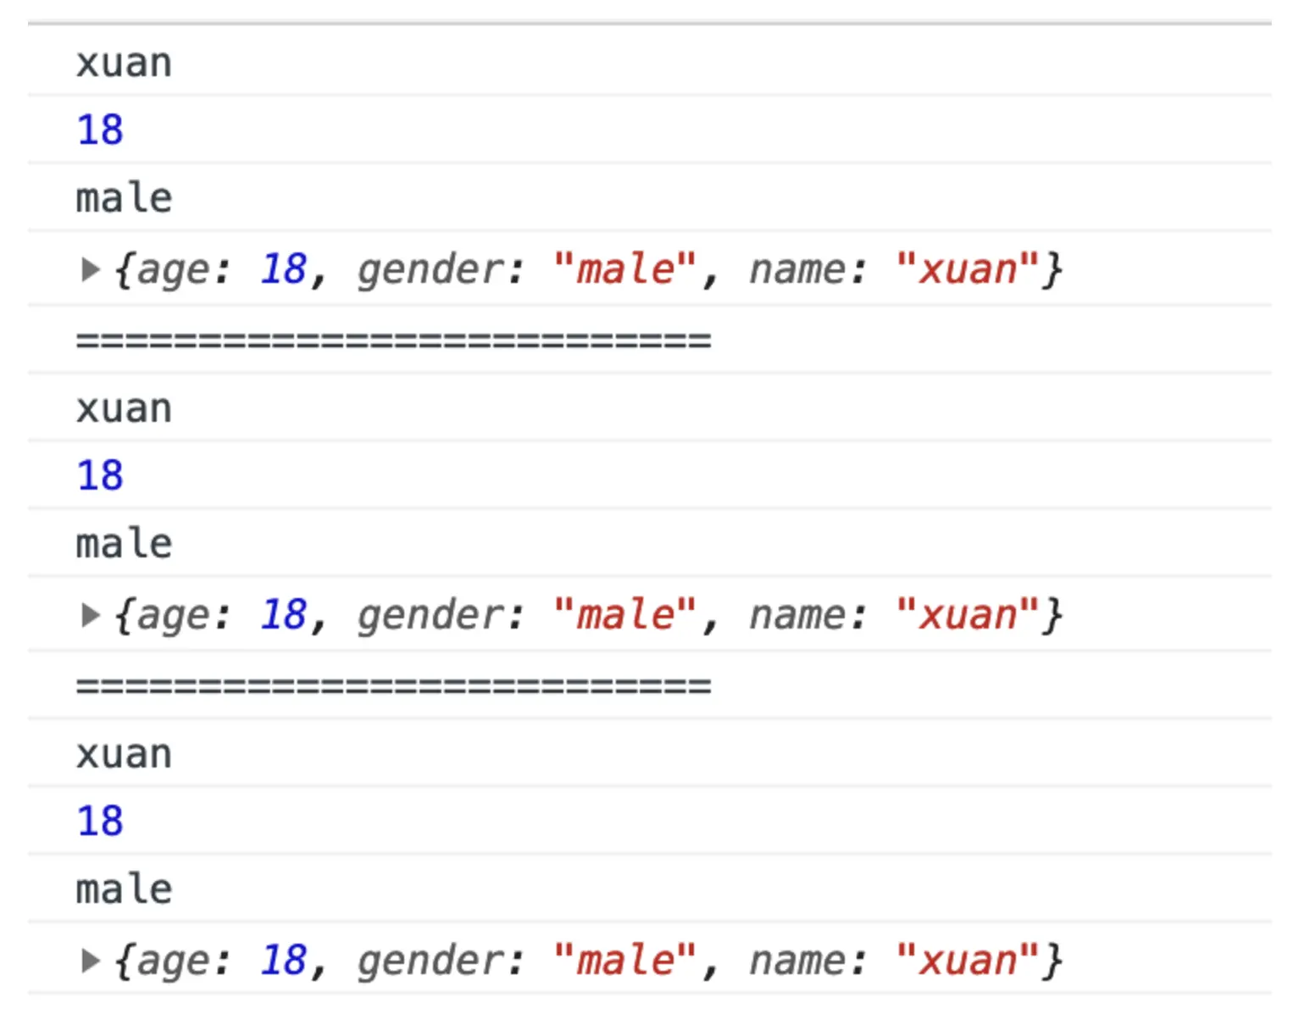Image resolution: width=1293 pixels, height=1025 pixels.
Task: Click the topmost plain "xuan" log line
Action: pyautogui.click(x=124, y=64)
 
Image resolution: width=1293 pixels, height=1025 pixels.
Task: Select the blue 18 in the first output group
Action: pyautogui.click(x=100, y=130)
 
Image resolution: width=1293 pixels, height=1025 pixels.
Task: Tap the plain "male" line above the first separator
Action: pyautogui.click(x=124, y=198)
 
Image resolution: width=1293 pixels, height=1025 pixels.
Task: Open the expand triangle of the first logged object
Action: pyautogui.click(x=89, y=270)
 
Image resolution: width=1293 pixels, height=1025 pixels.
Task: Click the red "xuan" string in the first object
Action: pyautogui.click(x=967, y=270)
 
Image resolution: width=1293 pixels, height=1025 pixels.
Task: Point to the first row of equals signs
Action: pyautogui.click(x=393, y=341)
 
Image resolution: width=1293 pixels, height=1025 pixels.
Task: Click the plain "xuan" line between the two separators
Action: pyautogui.click(x=124, y=409)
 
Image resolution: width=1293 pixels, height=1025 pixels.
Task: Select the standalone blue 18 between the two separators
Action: pyautogui.click(x=100, y=476)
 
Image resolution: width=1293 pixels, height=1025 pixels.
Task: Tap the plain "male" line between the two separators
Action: pyautogui.click(x=124, y=544)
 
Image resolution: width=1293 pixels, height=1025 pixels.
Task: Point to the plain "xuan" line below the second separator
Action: pyautogui.click(x=124, y=755)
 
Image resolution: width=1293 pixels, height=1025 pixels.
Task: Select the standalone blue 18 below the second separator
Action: pyautogui.click(x=100, y=822)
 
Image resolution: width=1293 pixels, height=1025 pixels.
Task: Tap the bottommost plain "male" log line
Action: pyautogui.click(x=124, y=889)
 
